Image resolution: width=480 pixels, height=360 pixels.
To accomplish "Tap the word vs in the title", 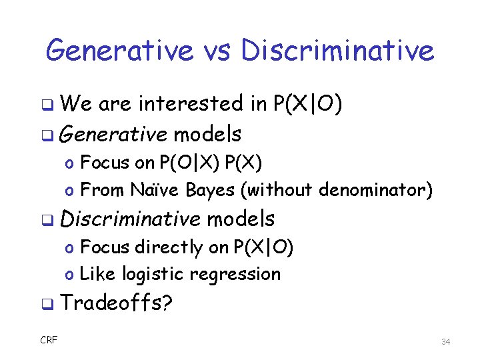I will coord(213,50).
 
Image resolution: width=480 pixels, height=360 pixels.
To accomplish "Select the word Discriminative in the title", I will coord(337,50).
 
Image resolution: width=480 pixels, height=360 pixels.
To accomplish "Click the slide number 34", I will coord(446,342).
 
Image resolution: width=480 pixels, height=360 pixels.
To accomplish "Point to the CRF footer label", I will coord(49,341).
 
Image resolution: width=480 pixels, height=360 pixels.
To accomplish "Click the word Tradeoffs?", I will coord(117,303).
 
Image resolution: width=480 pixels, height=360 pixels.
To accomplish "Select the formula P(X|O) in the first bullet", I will coord(308,104).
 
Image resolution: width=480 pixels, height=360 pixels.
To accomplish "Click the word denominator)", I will coord(376,191).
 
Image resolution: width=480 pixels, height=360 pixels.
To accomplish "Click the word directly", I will coord(169,247).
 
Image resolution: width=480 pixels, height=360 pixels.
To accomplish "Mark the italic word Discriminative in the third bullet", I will coord(130,219).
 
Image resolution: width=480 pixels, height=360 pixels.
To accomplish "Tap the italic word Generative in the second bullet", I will coord(113,135).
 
